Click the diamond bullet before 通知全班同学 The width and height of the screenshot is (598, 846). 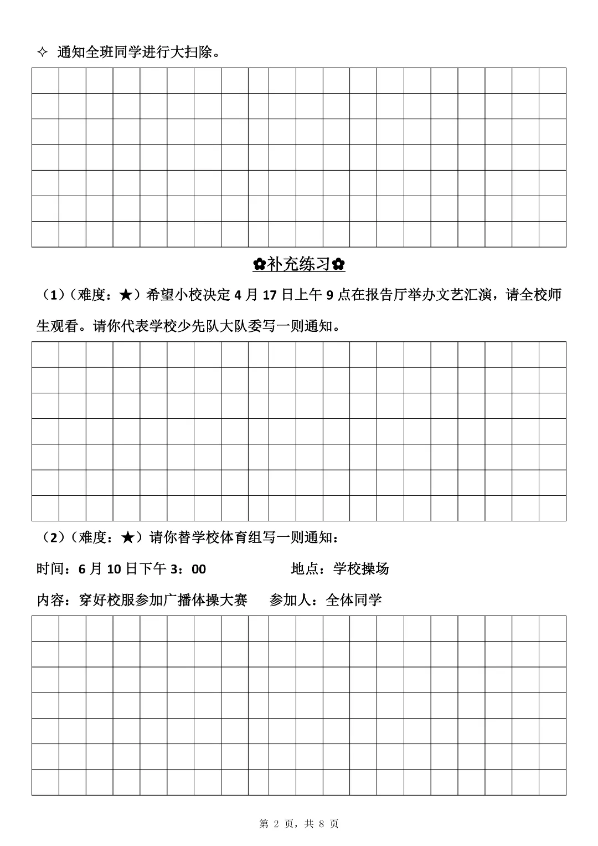tap(42, 53)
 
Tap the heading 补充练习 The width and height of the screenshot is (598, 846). tap(299, 265)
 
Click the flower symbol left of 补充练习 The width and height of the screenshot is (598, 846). tap(259, 265)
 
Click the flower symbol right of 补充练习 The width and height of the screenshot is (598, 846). tap(339, 265)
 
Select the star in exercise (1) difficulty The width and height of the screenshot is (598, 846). tap(126, 295)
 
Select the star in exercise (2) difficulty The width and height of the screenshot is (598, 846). tap(126, 537)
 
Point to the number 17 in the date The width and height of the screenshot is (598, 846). tap(269, 295)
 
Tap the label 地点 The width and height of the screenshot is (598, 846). tap(305, 569)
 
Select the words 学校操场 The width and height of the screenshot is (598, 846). tap(361, 569)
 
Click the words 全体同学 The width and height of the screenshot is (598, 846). tap(354, 600)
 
